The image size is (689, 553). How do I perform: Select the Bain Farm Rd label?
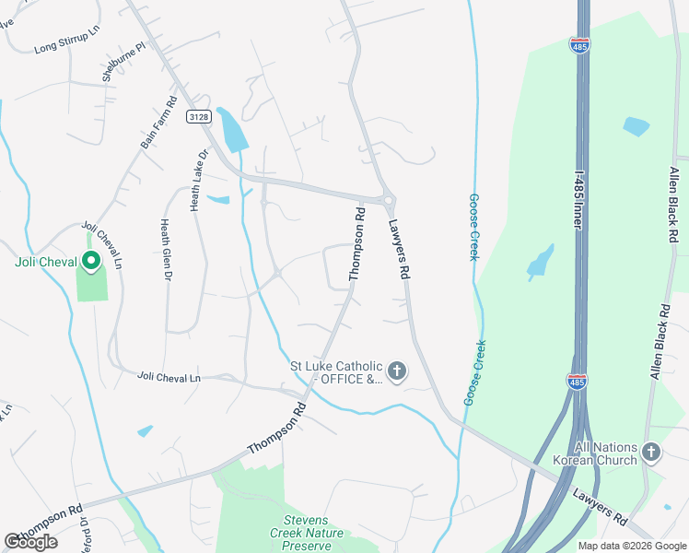[x=158, y=124]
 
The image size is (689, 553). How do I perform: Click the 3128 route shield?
[x=198, y=116]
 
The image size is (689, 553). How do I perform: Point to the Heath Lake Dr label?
[x=195, y=180]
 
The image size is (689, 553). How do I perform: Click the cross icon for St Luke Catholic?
[x=397, y=372]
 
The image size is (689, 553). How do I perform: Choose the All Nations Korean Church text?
[x=594, y=453]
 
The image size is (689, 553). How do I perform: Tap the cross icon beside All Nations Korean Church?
[x=651, y=453]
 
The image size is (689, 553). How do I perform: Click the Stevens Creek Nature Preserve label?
[x=307, y=533]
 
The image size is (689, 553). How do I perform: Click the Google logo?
[x=30, y=542]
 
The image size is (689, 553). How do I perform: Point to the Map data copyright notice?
[x=632, y=546]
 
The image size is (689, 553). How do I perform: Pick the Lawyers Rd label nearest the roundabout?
[x=397, y=249]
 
